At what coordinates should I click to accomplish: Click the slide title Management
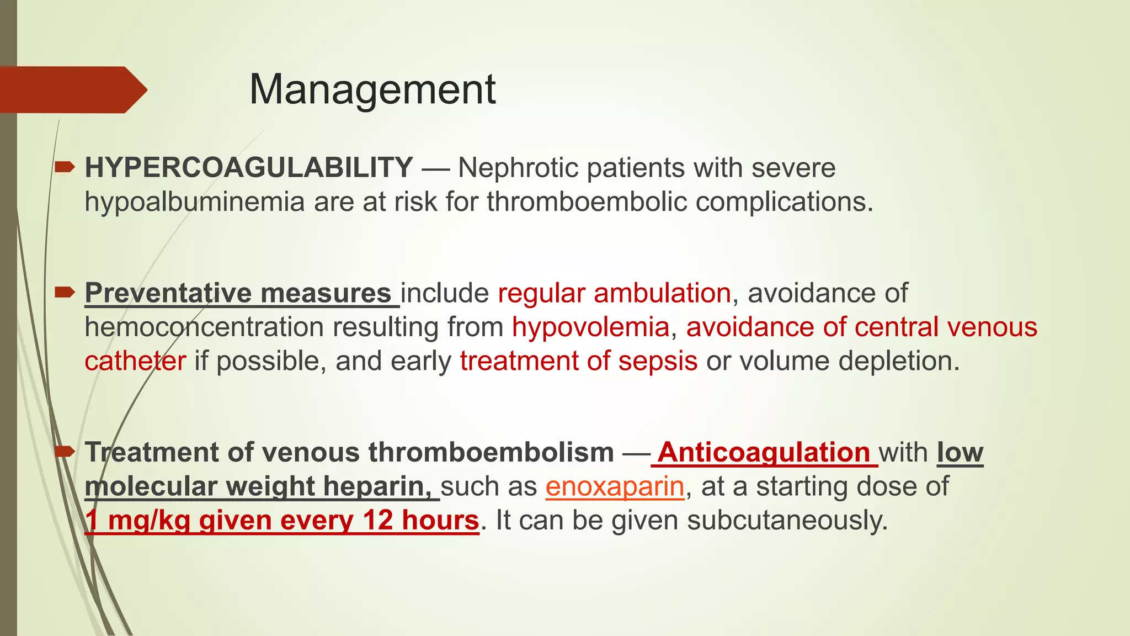click(x=372, y=89)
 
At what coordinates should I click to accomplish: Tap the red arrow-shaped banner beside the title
click(x=72, y=90)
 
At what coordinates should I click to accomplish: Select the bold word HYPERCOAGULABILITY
click(x=249, y=168)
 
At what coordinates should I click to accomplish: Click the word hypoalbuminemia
click(x=194, y=202)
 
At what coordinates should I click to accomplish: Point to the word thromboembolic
click(x=586, y=202)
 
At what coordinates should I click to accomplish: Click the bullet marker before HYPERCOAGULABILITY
click(x=65, y=166)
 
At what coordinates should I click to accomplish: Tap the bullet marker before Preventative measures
click(x=65, y=291)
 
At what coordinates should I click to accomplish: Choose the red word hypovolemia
click(x=590, y=327)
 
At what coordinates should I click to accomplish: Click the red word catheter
click(x=135, y=361)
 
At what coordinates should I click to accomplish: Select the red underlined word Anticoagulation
click(x=764, y=452)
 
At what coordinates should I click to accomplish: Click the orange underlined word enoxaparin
click(x=615, y=486)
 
